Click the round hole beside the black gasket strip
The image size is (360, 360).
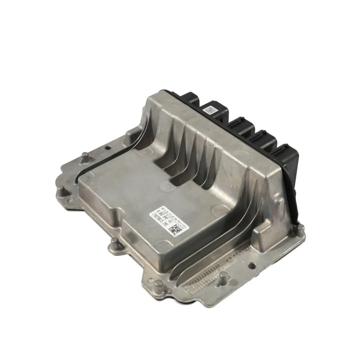click(108, 147)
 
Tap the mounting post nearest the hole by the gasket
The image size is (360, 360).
click(86, 156)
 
